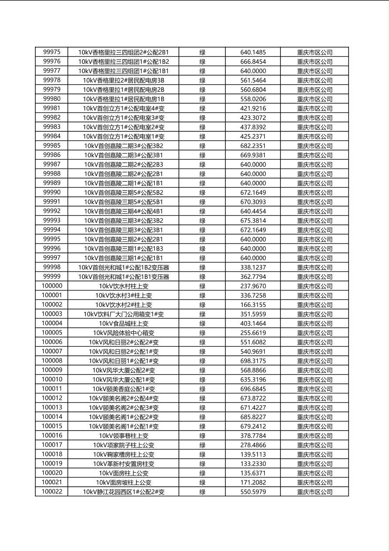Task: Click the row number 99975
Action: point(52,52)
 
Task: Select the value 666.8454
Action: point(253,62)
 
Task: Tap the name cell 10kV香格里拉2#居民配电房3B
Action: point(123,80)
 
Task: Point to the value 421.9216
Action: point(253,108)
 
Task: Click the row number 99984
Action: point(52,136)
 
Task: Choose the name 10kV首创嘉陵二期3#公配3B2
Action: point(123,146)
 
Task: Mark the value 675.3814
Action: point(253,220)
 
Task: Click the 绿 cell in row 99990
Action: point(202,193)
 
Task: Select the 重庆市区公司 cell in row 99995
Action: point(314,239)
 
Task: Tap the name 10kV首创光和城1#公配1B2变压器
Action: point(123,267)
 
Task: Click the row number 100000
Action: point(52,286)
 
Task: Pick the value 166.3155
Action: point(253,305)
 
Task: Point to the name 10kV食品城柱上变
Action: point(123,324)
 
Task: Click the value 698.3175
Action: point(253,361)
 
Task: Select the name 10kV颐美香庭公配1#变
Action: point(123,389)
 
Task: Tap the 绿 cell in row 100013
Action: point(202,408)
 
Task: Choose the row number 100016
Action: point(52,436)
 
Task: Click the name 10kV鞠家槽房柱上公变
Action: point(123,455)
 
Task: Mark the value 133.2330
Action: point(253,464)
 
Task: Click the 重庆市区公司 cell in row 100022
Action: point(314,492)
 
